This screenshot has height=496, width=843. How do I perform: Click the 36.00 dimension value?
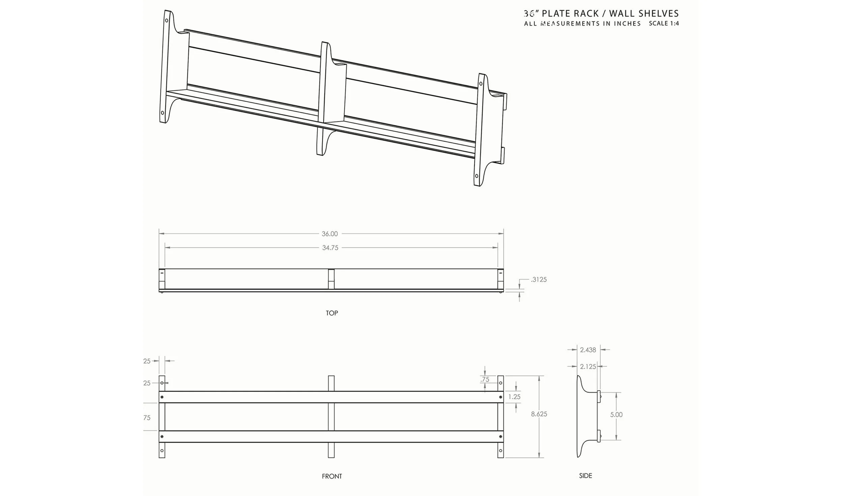tap(329, 234)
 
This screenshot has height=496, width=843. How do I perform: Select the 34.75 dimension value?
tap(330, 248)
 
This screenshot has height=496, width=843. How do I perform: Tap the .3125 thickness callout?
tap(539, 280)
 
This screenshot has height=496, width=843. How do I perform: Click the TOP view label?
tap(332, 313)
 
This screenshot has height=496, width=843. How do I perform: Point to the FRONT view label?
tap(332, 476)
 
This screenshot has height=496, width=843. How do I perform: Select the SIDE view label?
tap(585, 476)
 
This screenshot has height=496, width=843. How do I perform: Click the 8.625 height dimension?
tap(539, 414)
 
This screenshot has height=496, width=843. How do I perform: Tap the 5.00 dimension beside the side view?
tap(616, 415)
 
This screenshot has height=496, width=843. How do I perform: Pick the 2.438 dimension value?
tap(588, 350)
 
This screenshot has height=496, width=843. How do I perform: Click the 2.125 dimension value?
tap(588, 367)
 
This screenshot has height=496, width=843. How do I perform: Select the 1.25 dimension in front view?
tap(514, 397)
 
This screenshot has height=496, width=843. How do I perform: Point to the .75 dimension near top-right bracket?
tap(485, 379)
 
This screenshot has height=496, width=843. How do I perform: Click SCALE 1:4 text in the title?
tap(664, 23)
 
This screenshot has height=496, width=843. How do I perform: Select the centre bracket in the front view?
tap(331, 416)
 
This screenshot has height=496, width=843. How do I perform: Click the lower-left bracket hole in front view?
tap(162, 450)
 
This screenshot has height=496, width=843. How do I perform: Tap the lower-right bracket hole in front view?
tap(500, 450)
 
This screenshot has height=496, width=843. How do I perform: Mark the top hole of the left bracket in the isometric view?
tap(167, 20)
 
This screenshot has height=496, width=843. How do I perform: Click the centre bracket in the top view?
tap(331, 279)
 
